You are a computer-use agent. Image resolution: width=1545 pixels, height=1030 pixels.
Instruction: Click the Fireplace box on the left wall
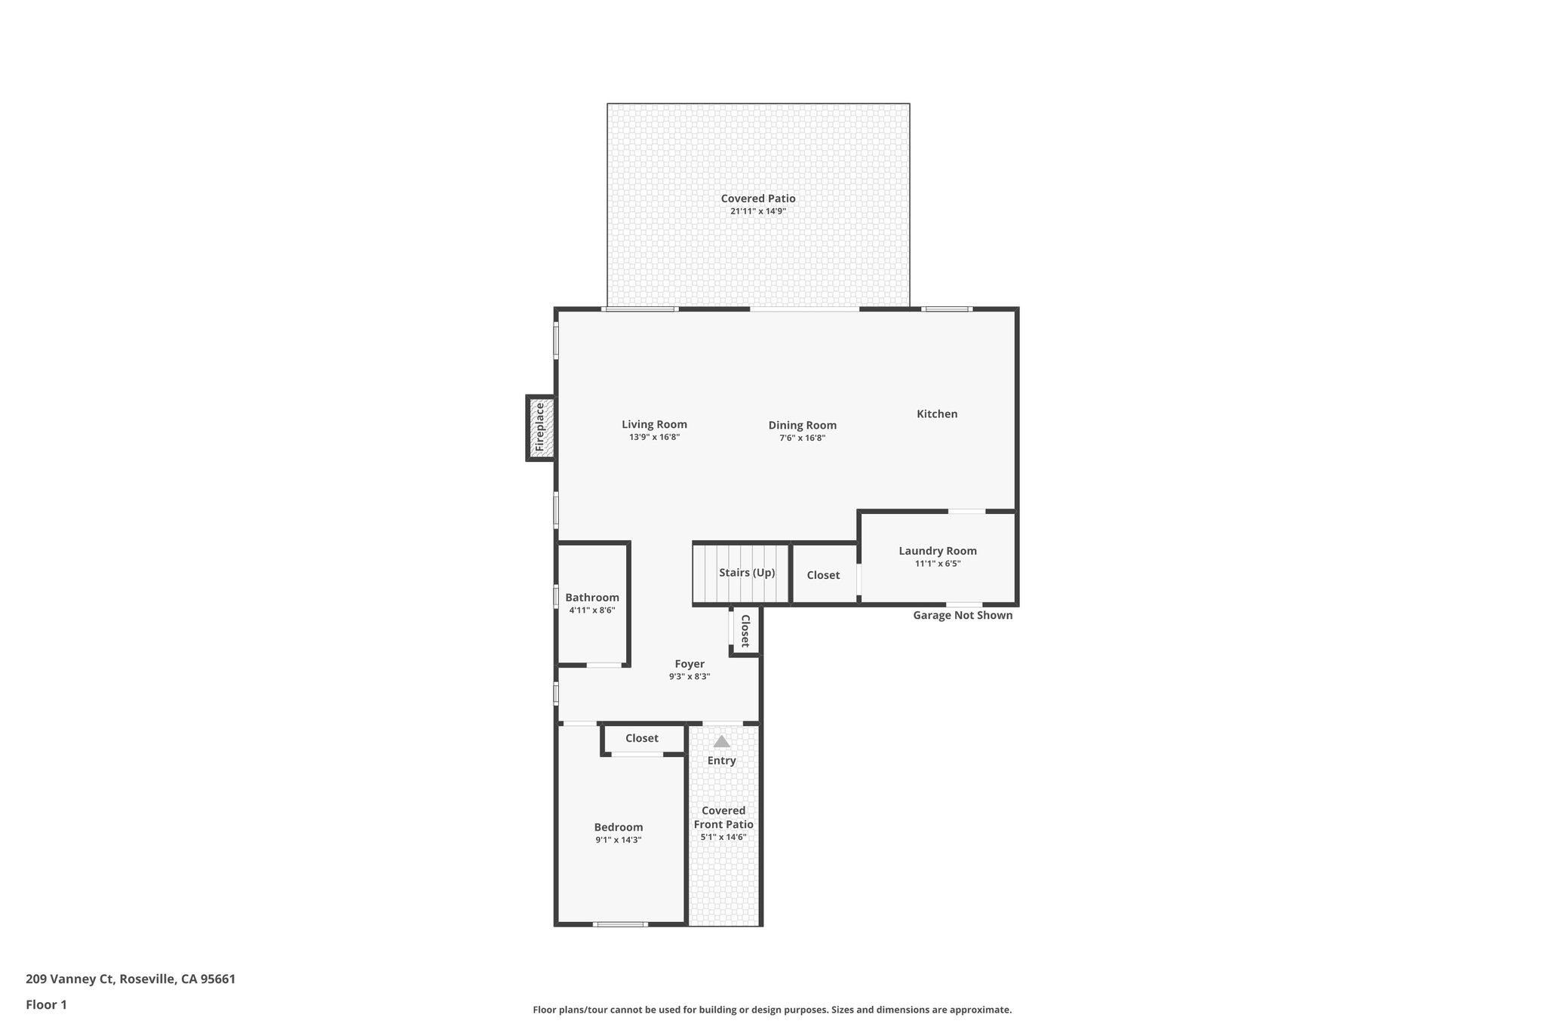point(540,428)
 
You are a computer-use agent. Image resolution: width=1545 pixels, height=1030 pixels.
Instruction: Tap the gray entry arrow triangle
point(721,741)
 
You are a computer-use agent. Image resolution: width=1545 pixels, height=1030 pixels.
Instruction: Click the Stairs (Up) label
point(746,573)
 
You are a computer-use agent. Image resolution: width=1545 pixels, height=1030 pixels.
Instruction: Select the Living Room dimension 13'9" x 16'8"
point(654,437)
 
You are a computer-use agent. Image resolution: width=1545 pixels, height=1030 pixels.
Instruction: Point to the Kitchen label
point(936,414)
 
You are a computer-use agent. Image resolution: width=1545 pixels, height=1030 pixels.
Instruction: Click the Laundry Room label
point(937,551)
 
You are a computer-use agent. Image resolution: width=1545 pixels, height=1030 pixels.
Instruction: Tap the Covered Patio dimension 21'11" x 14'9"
point(757,211)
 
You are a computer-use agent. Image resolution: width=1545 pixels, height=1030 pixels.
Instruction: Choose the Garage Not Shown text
point(962,615)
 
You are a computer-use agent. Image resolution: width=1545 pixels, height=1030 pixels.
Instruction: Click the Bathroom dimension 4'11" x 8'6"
point(591,610)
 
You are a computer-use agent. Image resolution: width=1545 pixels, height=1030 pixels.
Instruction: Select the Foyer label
point(689,664)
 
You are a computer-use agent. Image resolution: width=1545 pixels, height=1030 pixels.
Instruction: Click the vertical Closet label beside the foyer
point(745,631)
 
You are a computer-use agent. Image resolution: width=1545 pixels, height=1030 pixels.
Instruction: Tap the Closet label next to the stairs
point(822,575)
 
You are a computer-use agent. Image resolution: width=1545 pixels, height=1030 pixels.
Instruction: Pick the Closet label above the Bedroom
point(641,738)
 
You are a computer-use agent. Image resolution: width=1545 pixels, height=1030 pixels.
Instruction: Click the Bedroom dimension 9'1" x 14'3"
point(618,840)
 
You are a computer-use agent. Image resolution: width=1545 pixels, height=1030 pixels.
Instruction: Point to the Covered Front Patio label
point(723,817)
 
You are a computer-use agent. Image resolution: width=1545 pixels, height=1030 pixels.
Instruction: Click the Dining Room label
point(802,425)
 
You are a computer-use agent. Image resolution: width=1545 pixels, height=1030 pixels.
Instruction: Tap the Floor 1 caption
point(46,1004)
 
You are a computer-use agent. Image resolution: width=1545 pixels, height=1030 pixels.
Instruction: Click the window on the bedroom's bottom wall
point(620,924)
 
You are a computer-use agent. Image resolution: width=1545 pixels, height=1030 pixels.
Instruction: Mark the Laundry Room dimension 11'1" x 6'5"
point(937,564)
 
